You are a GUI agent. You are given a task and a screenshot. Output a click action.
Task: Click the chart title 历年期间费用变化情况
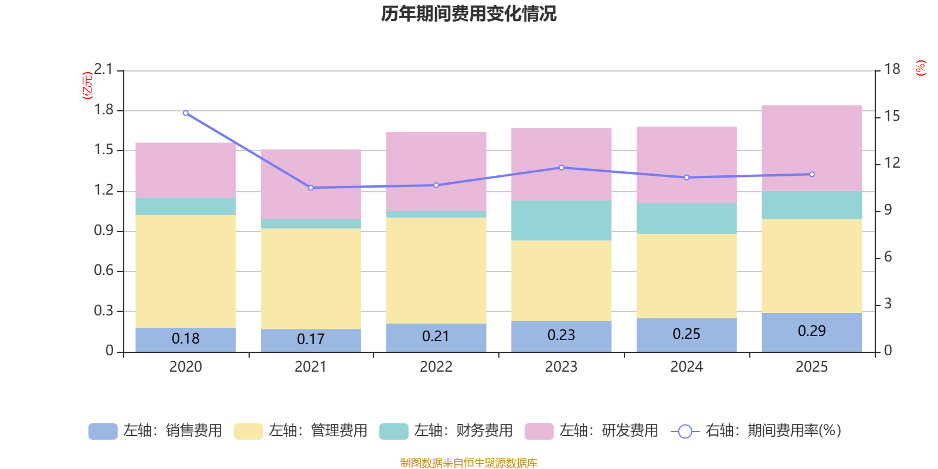[x=468, y=13]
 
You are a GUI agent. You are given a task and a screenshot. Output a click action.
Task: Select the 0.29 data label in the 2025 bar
[x=811, y=331]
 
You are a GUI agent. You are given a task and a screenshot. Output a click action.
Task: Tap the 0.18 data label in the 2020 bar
[x=185, y=339]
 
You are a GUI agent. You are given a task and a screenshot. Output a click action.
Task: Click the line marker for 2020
[x=186, y=113]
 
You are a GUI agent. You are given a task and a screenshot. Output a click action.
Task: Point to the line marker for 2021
[x=311, y=188]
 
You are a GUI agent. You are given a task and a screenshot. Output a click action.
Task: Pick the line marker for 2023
[x=561, y=168]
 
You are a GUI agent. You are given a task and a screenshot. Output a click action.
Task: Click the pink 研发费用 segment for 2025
[x=811, y=148]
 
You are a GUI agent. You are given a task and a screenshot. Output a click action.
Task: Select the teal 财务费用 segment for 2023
[x=561, y=220]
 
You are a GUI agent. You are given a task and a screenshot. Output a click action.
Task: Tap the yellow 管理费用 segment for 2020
[x=185, y=271]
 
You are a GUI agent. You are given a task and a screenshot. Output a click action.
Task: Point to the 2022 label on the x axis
[x=436, y=367]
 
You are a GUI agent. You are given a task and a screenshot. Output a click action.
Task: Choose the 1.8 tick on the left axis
[x=104, y=110]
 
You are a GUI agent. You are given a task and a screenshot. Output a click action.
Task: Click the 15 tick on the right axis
[x=892, y=116]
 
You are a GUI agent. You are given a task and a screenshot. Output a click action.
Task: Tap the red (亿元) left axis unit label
[x=87, y=86]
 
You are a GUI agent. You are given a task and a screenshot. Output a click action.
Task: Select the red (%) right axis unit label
[x=920, y=68]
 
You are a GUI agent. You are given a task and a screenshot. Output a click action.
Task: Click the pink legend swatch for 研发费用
[x=539, y=431]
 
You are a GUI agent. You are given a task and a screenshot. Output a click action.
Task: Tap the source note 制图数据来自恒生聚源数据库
[x=468, y=463]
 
